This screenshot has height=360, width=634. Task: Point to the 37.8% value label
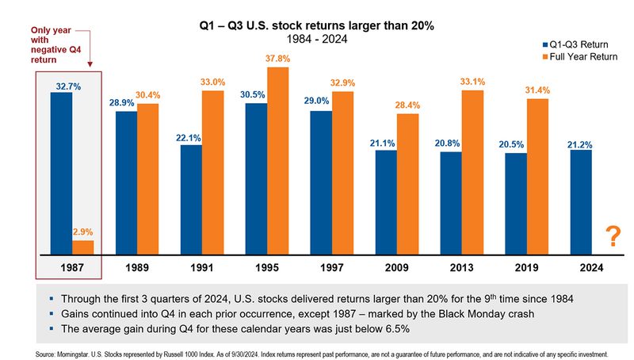[278, 59]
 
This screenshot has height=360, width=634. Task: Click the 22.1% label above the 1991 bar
[191, 138]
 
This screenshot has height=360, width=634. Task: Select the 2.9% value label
[82, 232]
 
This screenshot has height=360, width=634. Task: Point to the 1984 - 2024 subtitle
[315, 40]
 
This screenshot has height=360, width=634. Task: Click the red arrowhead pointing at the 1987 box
[90, 67]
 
